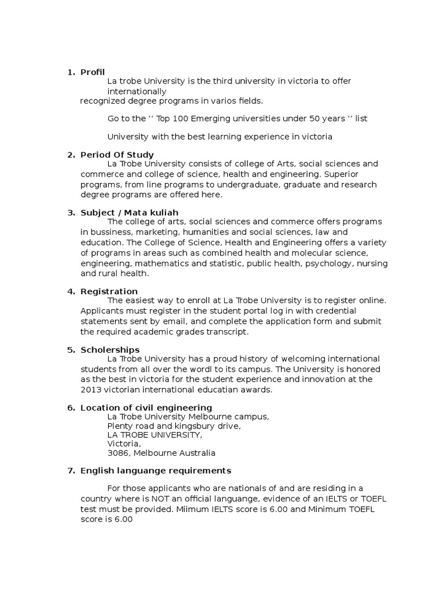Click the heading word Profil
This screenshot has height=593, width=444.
pos(92,72)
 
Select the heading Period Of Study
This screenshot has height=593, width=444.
pos(117,155)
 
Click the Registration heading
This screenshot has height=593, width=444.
pos(109,291)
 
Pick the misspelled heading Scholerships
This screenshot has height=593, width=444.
pos(110,350)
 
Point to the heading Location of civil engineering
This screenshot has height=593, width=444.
pos(146,408)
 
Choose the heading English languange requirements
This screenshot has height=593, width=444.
pos(156,470)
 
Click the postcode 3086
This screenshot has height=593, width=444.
pos(118,453)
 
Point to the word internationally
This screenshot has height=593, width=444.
pos(136,91)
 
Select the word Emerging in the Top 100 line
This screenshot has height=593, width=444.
pos(211,118)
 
